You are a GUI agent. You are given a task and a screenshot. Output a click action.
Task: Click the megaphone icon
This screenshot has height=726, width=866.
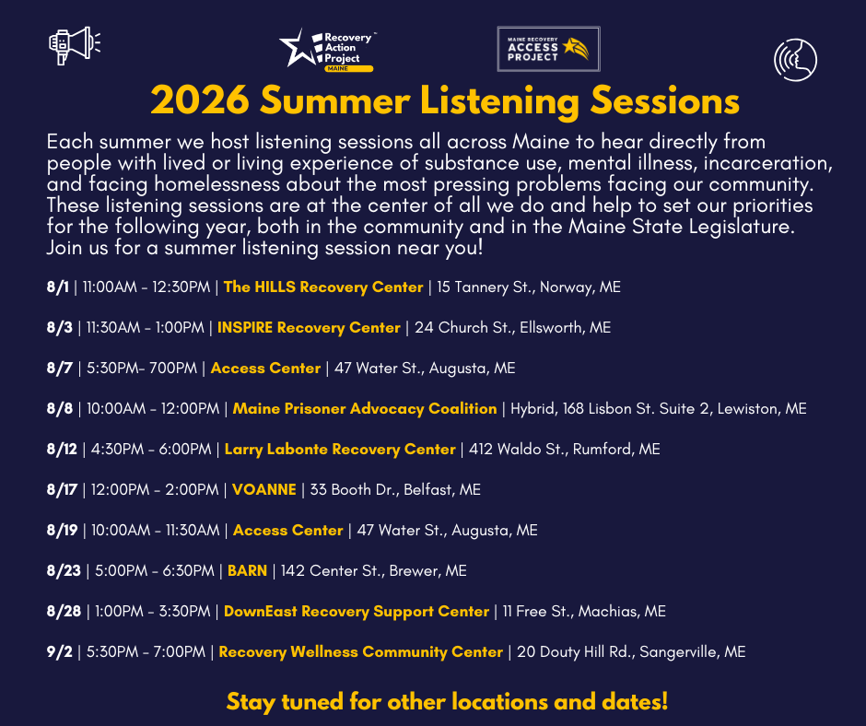(75, 45)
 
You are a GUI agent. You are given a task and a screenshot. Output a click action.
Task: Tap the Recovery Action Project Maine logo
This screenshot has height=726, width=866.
(327, 51)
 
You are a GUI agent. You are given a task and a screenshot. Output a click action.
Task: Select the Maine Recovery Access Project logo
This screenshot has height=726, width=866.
(548, 49)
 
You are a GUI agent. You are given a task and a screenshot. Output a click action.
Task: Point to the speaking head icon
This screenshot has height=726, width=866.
(795, 60)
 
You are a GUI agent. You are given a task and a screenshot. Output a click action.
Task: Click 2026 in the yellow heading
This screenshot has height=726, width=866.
(200, 101)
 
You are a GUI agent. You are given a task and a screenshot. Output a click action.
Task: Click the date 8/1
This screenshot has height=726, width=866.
(58, 287)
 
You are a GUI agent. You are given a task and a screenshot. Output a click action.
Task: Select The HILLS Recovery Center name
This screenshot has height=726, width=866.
(323, 287)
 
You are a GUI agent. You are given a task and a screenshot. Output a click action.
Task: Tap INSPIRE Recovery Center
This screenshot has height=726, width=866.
(309, 328)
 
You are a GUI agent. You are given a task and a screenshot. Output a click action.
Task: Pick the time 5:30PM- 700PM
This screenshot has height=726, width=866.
(142, 368)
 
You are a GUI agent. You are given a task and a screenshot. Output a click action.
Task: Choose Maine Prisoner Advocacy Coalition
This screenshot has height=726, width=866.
(365, 409)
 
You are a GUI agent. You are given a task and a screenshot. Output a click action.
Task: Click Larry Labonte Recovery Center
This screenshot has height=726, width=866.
(340, 450)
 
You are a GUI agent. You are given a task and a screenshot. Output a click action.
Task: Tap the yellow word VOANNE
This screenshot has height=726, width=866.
(264, 489)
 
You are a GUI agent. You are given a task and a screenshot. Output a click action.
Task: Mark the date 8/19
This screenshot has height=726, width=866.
(63, 531)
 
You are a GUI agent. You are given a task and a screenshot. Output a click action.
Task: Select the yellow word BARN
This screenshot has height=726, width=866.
(248, 570)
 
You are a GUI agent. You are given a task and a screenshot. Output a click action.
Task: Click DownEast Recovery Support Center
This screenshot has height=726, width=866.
(357, 612)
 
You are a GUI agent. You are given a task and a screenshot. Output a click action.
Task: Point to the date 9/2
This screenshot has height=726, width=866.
(60, 652)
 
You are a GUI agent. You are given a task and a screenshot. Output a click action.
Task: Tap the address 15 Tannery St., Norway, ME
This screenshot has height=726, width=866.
(529, 287)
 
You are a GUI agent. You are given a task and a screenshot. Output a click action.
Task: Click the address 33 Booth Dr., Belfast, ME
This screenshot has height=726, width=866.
(395, 489)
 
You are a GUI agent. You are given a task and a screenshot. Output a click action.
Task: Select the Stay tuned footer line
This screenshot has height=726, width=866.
(448, 702)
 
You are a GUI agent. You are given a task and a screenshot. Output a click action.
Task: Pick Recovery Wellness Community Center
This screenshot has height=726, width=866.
(360, 652)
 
